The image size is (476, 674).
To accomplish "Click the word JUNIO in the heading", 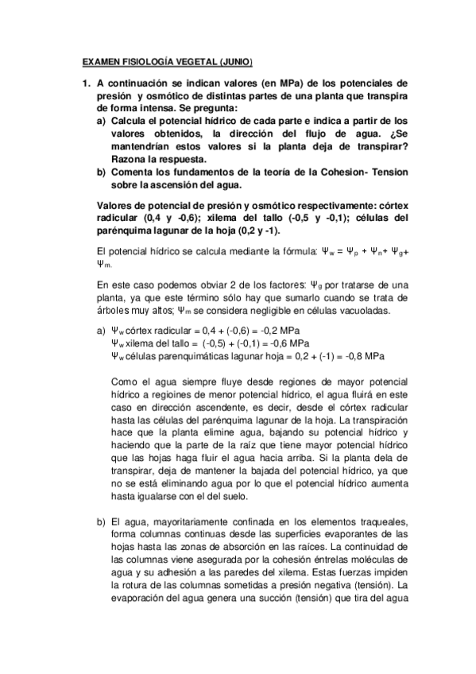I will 235,63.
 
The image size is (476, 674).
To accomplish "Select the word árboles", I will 112,311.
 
